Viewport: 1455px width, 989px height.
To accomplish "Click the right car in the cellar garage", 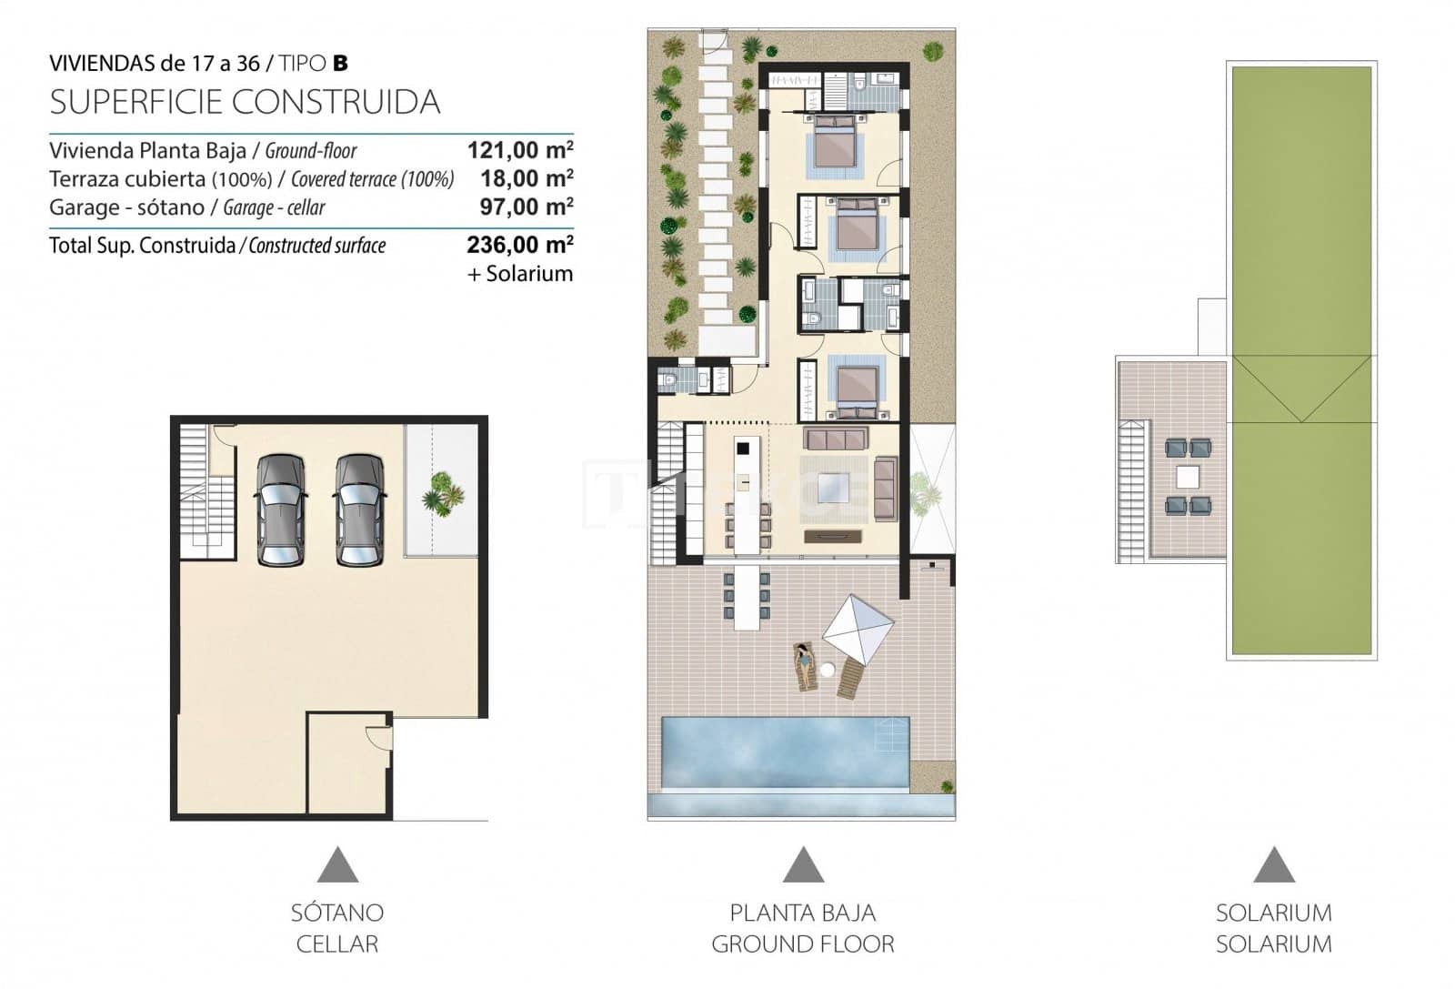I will coord(356,510).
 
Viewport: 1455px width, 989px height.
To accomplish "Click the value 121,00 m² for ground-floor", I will coord(519,150).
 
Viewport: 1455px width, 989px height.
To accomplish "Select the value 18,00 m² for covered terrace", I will coord(525,178).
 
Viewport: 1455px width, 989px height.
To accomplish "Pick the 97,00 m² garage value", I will coord(526,207).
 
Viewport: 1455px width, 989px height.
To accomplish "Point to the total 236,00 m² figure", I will coord(519,245).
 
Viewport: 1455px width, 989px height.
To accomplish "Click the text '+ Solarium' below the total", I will coord(520,274).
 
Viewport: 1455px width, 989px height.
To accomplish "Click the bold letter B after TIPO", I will coord(340,64).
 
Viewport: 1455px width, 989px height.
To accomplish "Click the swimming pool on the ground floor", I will coord(784,753).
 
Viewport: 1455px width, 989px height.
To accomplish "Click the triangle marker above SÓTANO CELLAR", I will coord(337,864).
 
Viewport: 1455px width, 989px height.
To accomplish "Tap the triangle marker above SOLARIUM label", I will coord(1273,864).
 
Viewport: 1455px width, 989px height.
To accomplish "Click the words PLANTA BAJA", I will coord(802,913).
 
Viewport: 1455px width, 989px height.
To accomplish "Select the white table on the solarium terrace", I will coord(1188,477).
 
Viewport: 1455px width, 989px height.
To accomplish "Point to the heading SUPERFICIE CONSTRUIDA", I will coord(245,102).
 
